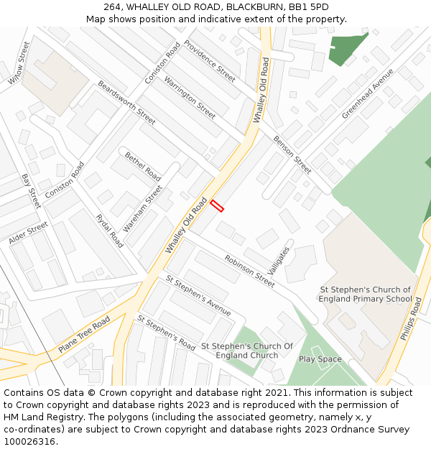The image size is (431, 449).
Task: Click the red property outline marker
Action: pyautogui.click(x=217, y=206)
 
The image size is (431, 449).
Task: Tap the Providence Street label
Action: pyautogui.click(x=209, y=60)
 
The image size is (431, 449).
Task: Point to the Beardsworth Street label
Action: pyautogui.click(x=126, y=103)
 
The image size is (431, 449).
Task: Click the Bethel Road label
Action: pyautogui.click(x=142, y=165)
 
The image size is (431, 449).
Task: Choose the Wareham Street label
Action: pyautogui.click(x=142, y=208)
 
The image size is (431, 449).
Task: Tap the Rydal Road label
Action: pyautogui.click(x=109, y=231)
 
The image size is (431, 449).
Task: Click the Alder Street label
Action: pyautogui.click(x=28, y=233)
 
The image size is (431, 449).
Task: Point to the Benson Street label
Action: pyautogui.click(x=292, y=154)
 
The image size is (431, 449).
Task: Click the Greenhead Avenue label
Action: pyautogui.click(x=367, y=94)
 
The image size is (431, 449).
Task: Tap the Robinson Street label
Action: pyautogui.click(x=249, y=271)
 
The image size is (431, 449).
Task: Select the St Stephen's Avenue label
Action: pyautogui.click(x=198, y=295)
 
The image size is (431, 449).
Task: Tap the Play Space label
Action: pyautogui.click(x=320, y=359)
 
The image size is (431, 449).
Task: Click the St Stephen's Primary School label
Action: pyautogui.click(x=366, y=295)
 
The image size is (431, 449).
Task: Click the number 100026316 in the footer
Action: pyautogui.click(x=30, y=442)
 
